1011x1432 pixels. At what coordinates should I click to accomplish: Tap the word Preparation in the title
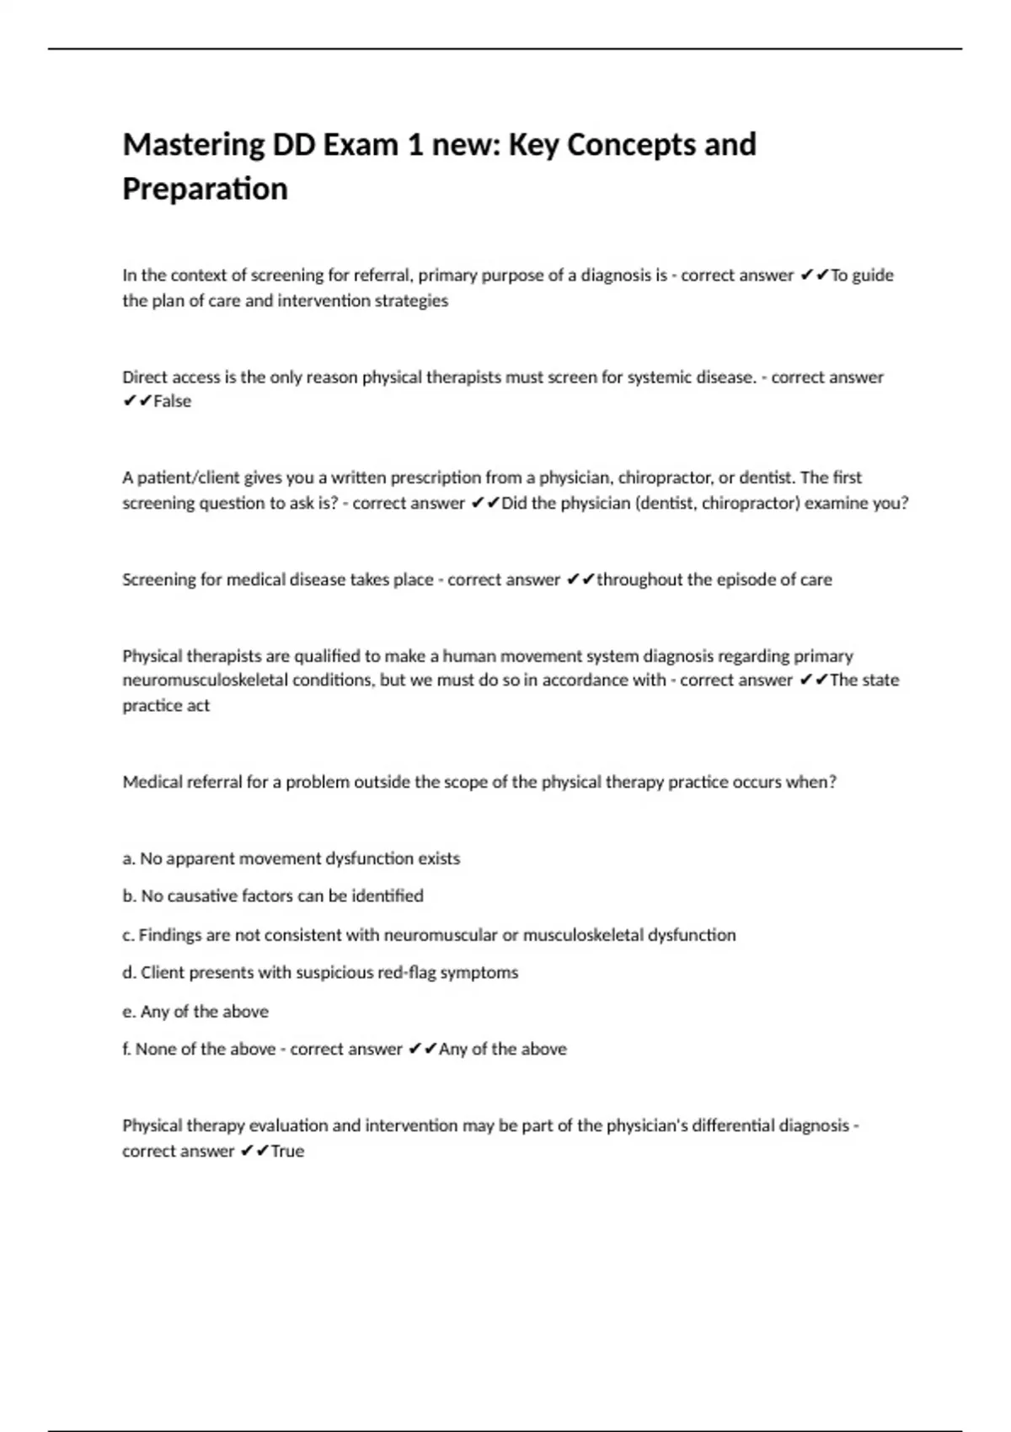[205, 189]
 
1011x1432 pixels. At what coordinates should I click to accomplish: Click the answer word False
[172, 402]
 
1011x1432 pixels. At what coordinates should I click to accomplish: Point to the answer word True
[287, 1151]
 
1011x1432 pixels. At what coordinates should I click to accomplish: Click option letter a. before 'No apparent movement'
[129, 859]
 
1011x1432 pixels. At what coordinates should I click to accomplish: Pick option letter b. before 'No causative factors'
[129, 896]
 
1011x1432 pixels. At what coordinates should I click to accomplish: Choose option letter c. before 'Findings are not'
[128, 935]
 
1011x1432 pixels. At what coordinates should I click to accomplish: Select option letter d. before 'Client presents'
[129, 973]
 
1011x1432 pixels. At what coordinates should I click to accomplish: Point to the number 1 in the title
[414, 146]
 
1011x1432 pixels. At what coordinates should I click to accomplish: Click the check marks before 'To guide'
[813, 275]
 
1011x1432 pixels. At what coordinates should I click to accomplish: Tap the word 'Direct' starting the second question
[144, 377]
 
